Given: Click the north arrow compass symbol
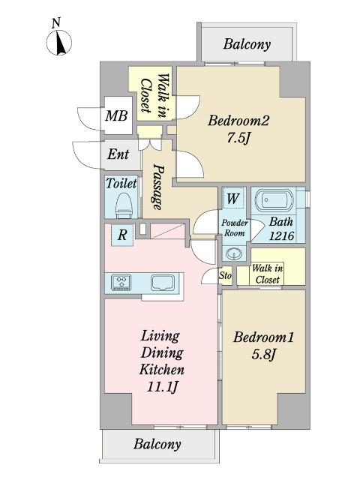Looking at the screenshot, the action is click(59, 43).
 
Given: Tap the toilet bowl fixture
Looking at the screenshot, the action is click(124, 205).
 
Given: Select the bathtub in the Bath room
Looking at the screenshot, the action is click(274, 201).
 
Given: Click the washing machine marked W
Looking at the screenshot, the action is click(233, 199).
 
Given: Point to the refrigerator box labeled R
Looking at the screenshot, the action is click(122, 235).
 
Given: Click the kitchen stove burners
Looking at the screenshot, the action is click(121, 282).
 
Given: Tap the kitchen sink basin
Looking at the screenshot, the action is click(163, 282).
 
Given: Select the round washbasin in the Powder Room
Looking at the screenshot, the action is click(234, 253).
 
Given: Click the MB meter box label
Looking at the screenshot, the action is click(116, 116).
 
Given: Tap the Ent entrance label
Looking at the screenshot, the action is click(118, 154).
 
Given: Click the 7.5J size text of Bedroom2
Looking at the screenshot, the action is click(238, 138).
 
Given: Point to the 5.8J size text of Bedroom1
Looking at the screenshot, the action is click(263, 355).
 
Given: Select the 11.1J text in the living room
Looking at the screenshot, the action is click(162, 387).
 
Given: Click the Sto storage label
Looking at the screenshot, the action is click(225, 276).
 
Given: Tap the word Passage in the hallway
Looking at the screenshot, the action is click(157, 187).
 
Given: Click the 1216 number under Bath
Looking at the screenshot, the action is click(281, 235).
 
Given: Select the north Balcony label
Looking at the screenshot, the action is click(247, 44).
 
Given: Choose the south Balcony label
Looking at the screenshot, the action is click(157, 444).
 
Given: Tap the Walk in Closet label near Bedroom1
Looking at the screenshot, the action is click(267, 274).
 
